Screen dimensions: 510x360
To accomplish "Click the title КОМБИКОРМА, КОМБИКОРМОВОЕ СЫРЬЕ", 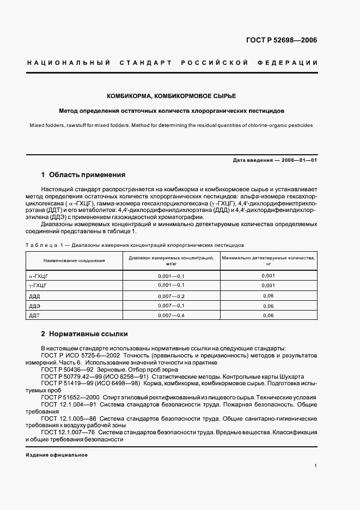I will click(x=179, y=96).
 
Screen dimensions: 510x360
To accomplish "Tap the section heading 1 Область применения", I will click(x=83, y=175).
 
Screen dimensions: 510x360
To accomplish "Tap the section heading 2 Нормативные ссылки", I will click(x=84, y=333).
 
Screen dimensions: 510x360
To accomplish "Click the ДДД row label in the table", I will click(x=34, y=296).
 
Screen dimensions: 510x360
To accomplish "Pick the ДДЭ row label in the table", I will click(x=34, y=306).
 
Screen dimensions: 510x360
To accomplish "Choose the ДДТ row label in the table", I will click(x=34, y=315).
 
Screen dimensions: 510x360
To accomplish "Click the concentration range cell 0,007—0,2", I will click(x=172, y=296).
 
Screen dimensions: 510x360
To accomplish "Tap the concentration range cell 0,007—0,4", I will click(x=172, y=315).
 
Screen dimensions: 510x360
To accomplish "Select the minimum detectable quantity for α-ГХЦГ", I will click(x=268, y=276).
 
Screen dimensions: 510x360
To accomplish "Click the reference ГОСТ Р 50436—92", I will click(x=66, y=369).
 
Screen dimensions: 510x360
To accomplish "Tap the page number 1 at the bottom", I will click(x=316, y=465).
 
